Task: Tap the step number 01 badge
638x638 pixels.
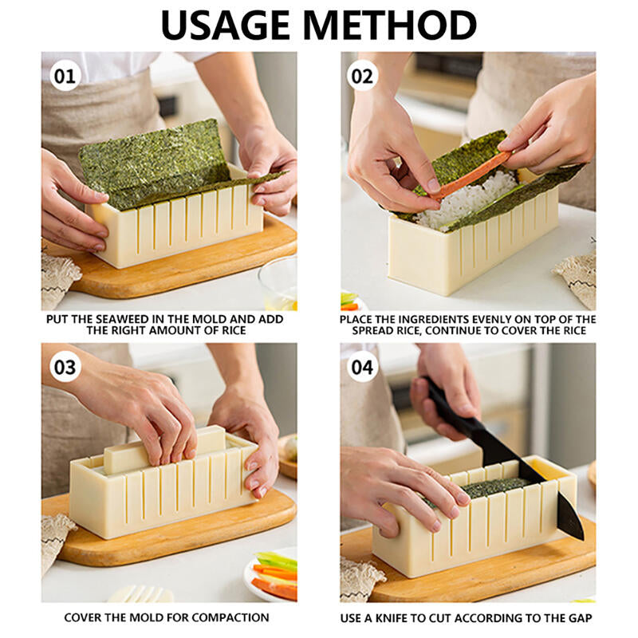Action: (65, 77)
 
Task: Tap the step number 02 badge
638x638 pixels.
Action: (364, 77)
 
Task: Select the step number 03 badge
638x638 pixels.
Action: (65, 368)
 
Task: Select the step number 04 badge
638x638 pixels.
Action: (364, 368)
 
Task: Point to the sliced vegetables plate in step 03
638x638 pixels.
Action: (271, 574)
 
